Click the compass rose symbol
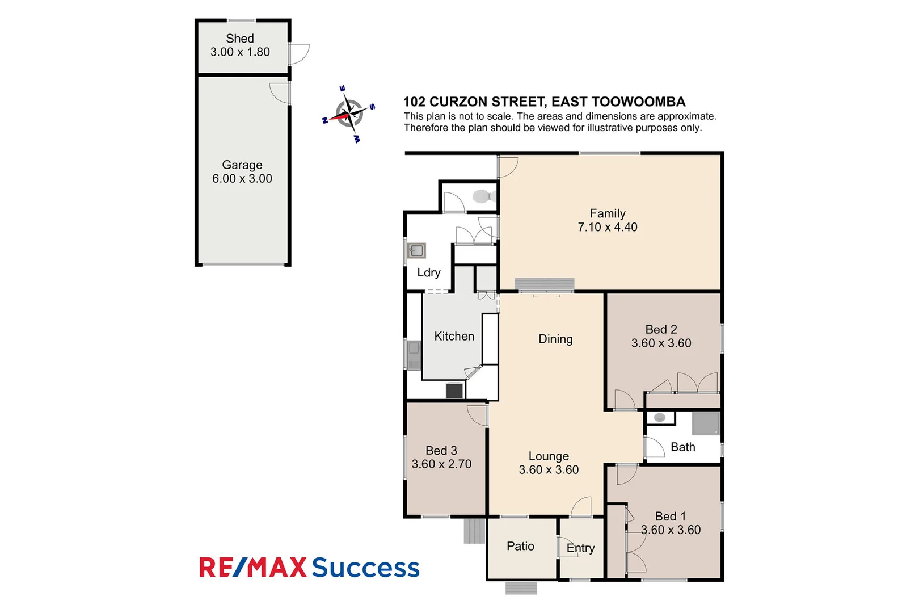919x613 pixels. coord(349,114)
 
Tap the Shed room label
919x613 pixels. coord(240,39)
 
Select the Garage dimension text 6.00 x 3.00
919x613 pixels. coord(242,179)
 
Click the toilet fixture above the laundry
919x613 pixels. coord(482,196)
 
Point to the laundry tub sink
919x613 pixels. coord(416,250)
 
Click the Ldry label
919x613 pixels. coord(428,272)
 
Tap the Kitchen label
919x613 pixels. coord(454,336)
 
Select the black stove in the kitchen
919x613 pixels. coord(454,391)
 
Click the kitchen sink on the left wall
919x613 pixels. coord(414,355)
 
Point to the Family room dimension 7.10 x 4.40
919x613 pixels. coord(608,227)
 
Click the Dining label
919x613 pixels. coord(555,339)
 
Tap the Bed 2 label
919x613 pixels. coord(661,329)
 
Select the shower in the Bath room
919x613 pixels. coord(706,423)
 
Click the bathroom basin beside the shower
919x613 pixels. coord(660,418)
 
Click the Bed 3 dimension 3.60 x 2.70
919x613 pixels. coord(441,464)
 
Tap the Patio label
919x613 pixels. coord(520,546)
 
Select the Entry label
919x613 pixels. coord(580,548)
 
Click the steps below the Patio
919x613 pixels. coord(521,589)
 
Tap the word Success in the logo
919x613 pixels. coord(365,568)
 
